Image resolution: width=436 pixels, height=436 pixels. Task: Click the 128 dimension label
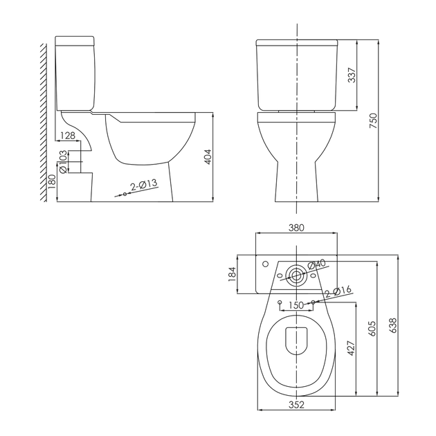[68, 136]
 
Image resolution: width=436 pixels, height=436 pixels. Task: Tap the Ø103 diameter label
[63, 161]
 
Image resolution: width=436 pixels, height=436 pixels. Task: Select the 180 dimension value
[52, 182]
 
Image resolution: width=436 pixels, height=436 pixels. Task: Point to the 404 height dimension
[208, 157]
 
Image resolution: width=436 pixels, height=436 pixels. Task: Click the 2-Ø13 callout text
[144, 185]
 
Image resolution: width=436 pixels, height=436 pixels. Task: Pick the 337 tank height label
[352, 75]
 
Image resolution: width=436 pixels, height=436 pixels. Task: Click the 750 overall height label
[373, 120]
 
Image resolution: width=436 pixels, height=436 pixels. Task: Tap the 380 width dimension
[296, 228]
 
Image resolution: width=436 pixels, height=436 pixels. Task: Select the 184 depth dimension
[232, 274]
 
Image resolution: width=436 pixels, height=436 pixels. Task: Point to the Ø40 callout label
[316, 264]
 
